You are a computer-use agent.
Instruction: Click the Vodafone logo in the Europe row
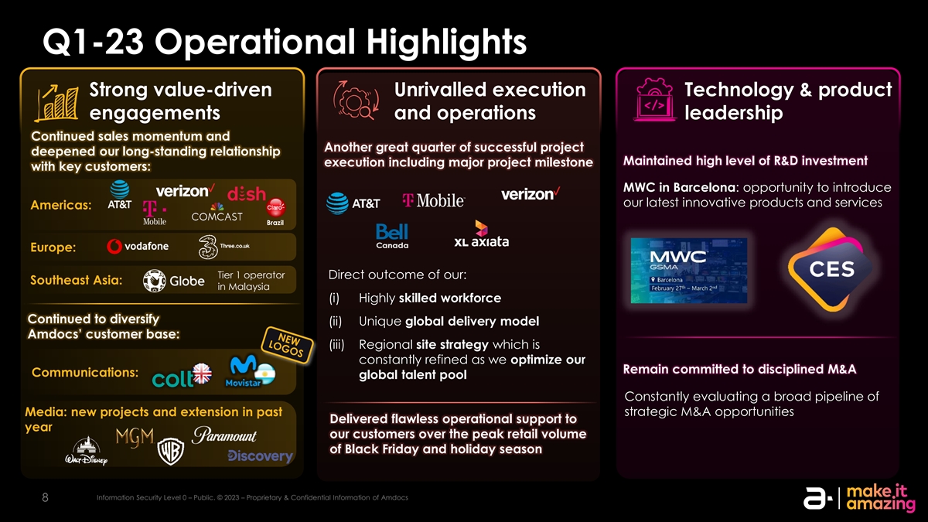(x=138, y=247)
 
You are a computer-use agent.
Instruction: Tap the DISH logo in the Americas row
(x=247, y=193)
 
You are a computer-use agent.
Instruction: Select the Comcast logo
(x=217, y=213)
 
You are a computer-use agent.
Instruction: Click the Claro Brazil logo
(x=275, y=212)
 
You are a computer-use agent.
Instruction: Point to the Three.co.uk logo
(x=223, y=247)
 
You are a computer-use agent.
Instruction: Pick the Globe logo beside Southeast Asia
(x=173, y=281)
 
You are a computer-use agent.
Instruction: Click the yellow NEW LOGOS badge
(x=287, y=345)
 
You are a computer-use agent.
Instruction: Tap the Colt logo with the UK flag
(x=182, y=375)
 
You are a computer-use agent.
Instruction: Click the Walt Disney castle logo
(x=86, y=451)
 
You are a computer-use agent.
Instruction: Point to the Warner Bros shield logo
(x=171, y=451)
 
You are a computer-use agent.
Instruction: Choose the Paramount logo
(x=224, y=435)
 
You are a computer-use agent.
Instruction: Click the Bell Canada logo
(x=392, y=236)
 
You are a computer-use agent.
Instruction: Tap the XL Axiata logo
(x=481, y=234)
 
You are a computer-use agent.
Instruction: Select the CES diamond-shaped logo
(x=831, y=269)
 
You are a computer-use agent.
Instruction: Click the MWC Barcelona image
(x=689, y=271)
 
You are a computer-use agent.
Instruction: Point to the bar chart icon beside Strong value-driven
(x=56, y=103)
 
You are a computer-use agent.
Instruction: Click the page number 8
(x=45, y=497)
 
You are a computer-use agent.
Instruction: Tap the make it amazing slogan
(x=880, y=497)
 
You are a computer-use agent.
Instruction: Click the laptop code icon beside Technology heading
(x=654, y=100)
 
